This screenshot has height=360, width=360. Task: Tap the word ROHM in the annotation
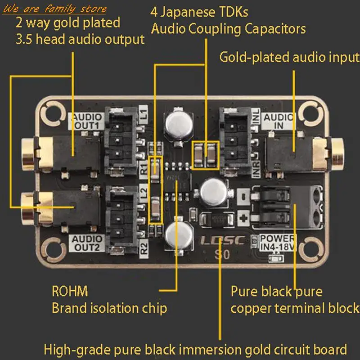point(70,292)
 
